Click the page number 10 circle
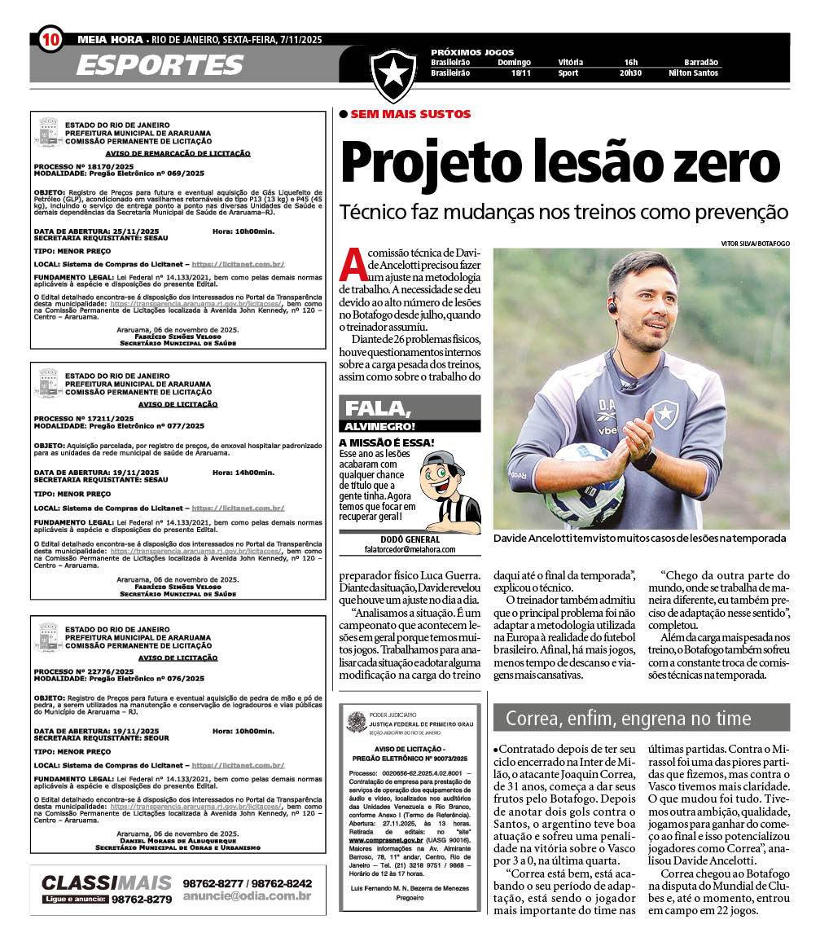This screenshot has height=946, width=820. pos(50,38)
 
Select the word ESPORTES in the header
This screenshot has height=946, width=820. pos(160,64)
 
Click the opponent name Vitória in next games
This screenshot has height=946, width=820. pos(570,62)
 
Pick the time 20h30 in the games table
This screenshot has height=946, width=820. pos(630,73)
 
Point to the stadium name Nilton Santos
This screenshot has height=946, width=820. pos(693,73)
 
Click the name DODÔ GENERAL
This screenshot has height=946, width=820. pos(410,539)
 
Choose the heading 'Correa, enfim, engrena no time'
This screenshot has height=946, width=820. pos(628,718)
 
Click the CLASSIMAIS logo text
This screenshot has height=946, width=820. pos(107,882)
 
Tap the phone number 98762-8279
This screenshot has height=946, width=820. pos(143,899)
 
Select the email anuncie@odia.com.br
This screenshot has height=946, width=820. pos(247,896)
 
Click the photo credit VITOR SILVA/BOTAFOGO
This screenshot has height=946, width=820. pos(755,243)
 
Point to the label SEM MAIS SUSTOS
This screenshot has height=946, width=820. pos(410,114)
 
